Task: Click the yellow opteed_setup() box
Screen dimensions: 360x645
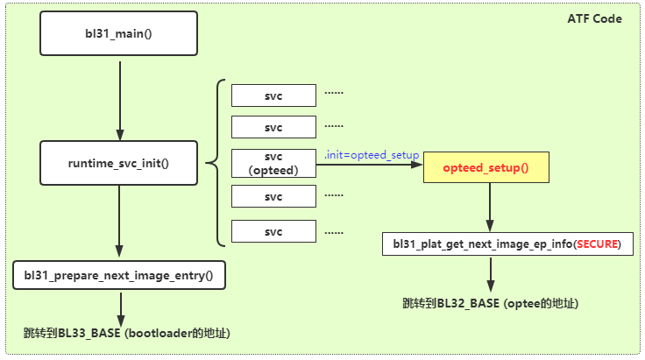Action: pos(486,166)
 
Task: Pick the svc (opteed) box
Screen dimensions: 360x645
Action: pos(273,163)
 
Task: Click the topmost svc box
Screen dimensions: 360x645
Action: pos(273,94)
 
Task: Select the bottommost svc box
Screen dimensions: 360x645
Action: pos(273,232)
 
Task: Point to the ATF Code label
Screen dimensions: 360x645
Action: pos(595,18)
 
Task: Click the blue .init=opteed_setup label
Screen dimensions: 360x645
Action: pos(371,154)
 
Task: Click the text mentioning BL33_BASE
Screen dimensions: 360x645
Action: pos(127,334)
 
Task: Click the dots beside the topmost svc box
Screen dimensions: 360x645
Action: pos(335,92)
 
